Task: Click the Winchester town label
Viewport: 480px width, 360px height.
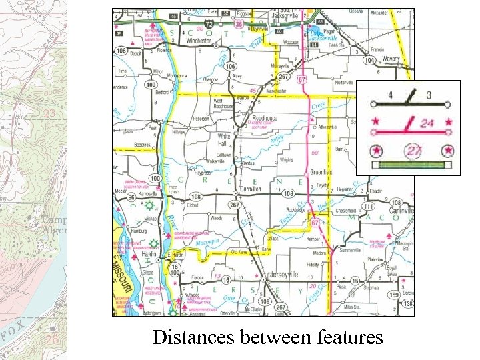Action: [198, 40]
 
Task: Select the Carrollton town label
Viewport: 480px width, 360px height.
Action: [250, 189]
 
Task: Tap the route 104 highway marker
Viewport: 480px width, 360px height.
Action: [369, 60]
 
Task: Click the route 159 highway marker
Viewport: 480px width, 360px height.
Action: [394, 294]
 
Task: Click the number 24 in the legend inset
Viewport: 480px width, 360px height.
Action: [427, 123]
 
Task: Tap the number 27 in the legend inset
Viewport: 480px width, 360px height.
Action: [415, 151]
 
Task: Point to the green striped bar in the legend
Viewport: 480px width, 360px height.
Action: [411, 165]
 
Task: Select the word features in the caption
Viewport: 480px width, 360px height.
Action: [345, 337]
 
